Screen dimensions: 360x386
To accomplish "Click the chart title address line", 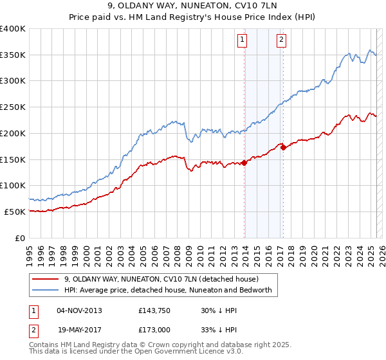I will point(193,6).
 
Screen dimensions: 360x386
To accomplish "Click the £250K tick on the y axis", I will point(13,107).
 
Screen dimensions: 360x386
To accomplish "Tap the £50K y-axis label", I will point(15,212).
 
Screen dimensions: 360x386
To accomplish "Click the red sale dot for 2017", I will point(283,147).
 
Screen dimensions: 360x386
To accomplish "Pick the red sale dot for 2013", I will point(244,163).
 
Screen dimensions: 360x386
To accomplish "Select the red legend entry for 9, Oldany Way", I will point(161,279).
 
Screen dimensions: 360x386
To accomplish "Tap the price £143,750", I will point(153,310).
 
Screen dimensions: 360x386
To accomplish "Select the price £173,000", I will point(153,328).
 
